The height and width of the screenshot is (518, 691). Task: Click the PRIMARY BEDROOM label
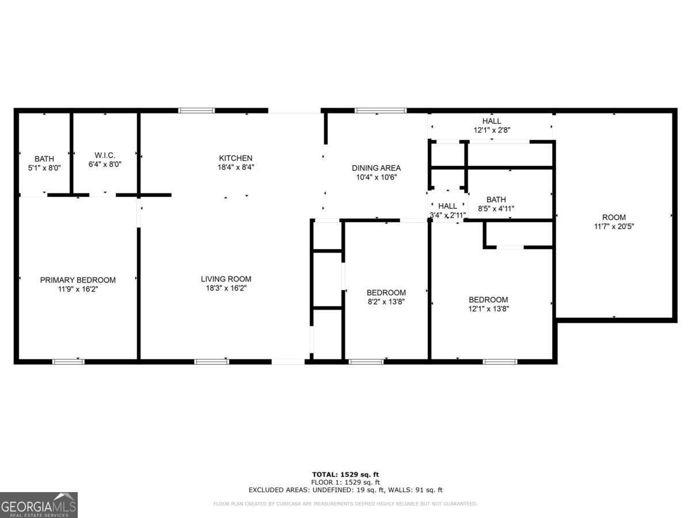pos(78,280)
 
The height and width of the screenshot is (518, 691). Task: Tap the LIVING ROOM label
pos(226,279)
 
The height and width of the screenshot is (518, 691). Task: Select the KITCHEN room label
pos(236,158)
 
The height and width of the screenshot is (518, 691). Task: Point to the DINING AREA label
pos(376,168)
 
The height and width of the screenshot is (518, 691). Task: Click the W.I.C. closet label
pos(105,155)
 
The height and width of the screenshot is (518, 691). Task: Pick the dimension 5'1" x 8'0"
pos(44,167)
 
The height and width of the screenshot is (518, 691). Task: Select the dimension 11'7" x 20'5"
pos(614,226)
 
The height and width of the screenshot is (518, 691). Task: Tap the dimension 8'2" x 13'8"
pos(386,302)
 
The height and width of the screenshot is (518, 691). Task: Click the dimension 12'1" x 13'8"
pos(488,308)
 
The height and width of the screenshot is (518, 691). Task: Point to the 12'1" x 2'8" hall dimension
pos(491,130)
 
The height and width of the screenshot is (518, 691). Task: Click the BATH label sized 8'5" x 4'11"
pos(496,200)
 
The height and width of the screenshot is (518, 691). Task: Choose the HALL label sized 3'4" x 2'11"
pos(447,206)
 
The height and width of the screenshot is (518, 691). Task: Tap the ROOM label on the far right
pos(614,217)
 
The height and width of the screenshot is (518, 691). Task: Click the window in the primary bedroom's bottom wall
pos(69,361)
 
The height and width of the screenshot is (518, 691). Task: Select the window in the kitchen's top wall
pos(196,110)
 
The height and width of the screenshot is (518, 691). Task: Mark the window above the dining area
pos(380,110)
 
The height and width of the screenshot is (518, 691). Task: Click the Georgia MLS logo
pos(39,505)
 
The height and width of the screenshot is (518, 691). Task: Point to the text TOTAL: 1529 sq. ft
pos(345,474)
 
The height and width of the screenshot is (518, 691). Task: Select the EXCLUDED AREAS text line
pos(345,490)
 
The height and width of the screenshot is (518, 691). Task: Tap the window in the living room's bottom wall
pos(211,361)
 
